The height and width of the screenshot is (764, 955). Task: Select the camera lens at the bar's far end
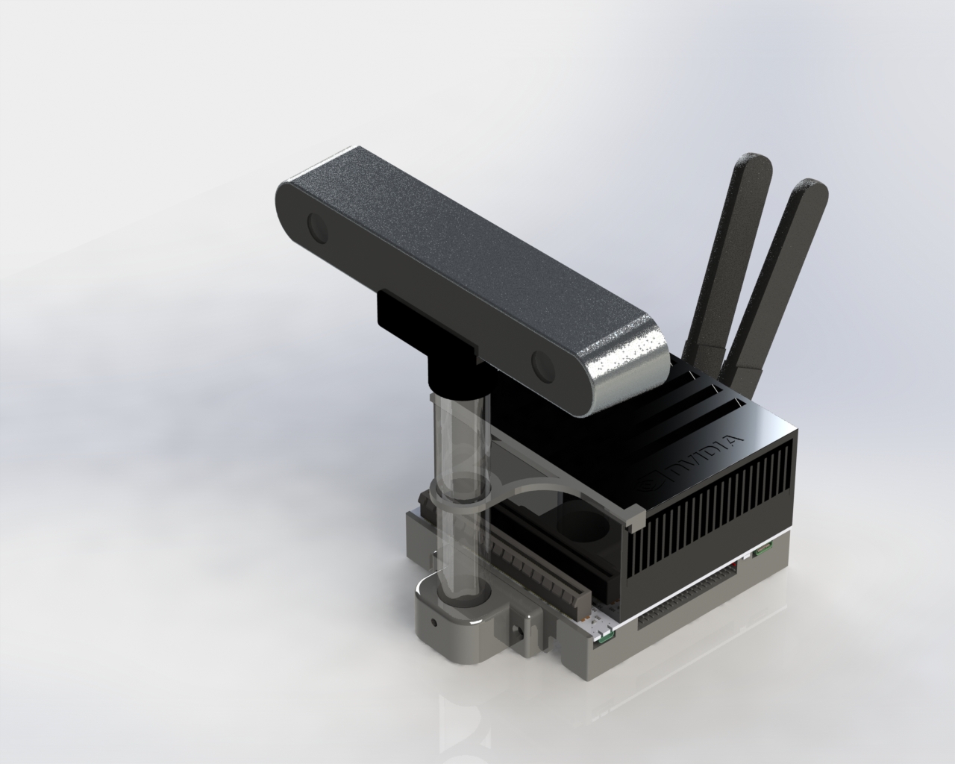click(x=318, y=228)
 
